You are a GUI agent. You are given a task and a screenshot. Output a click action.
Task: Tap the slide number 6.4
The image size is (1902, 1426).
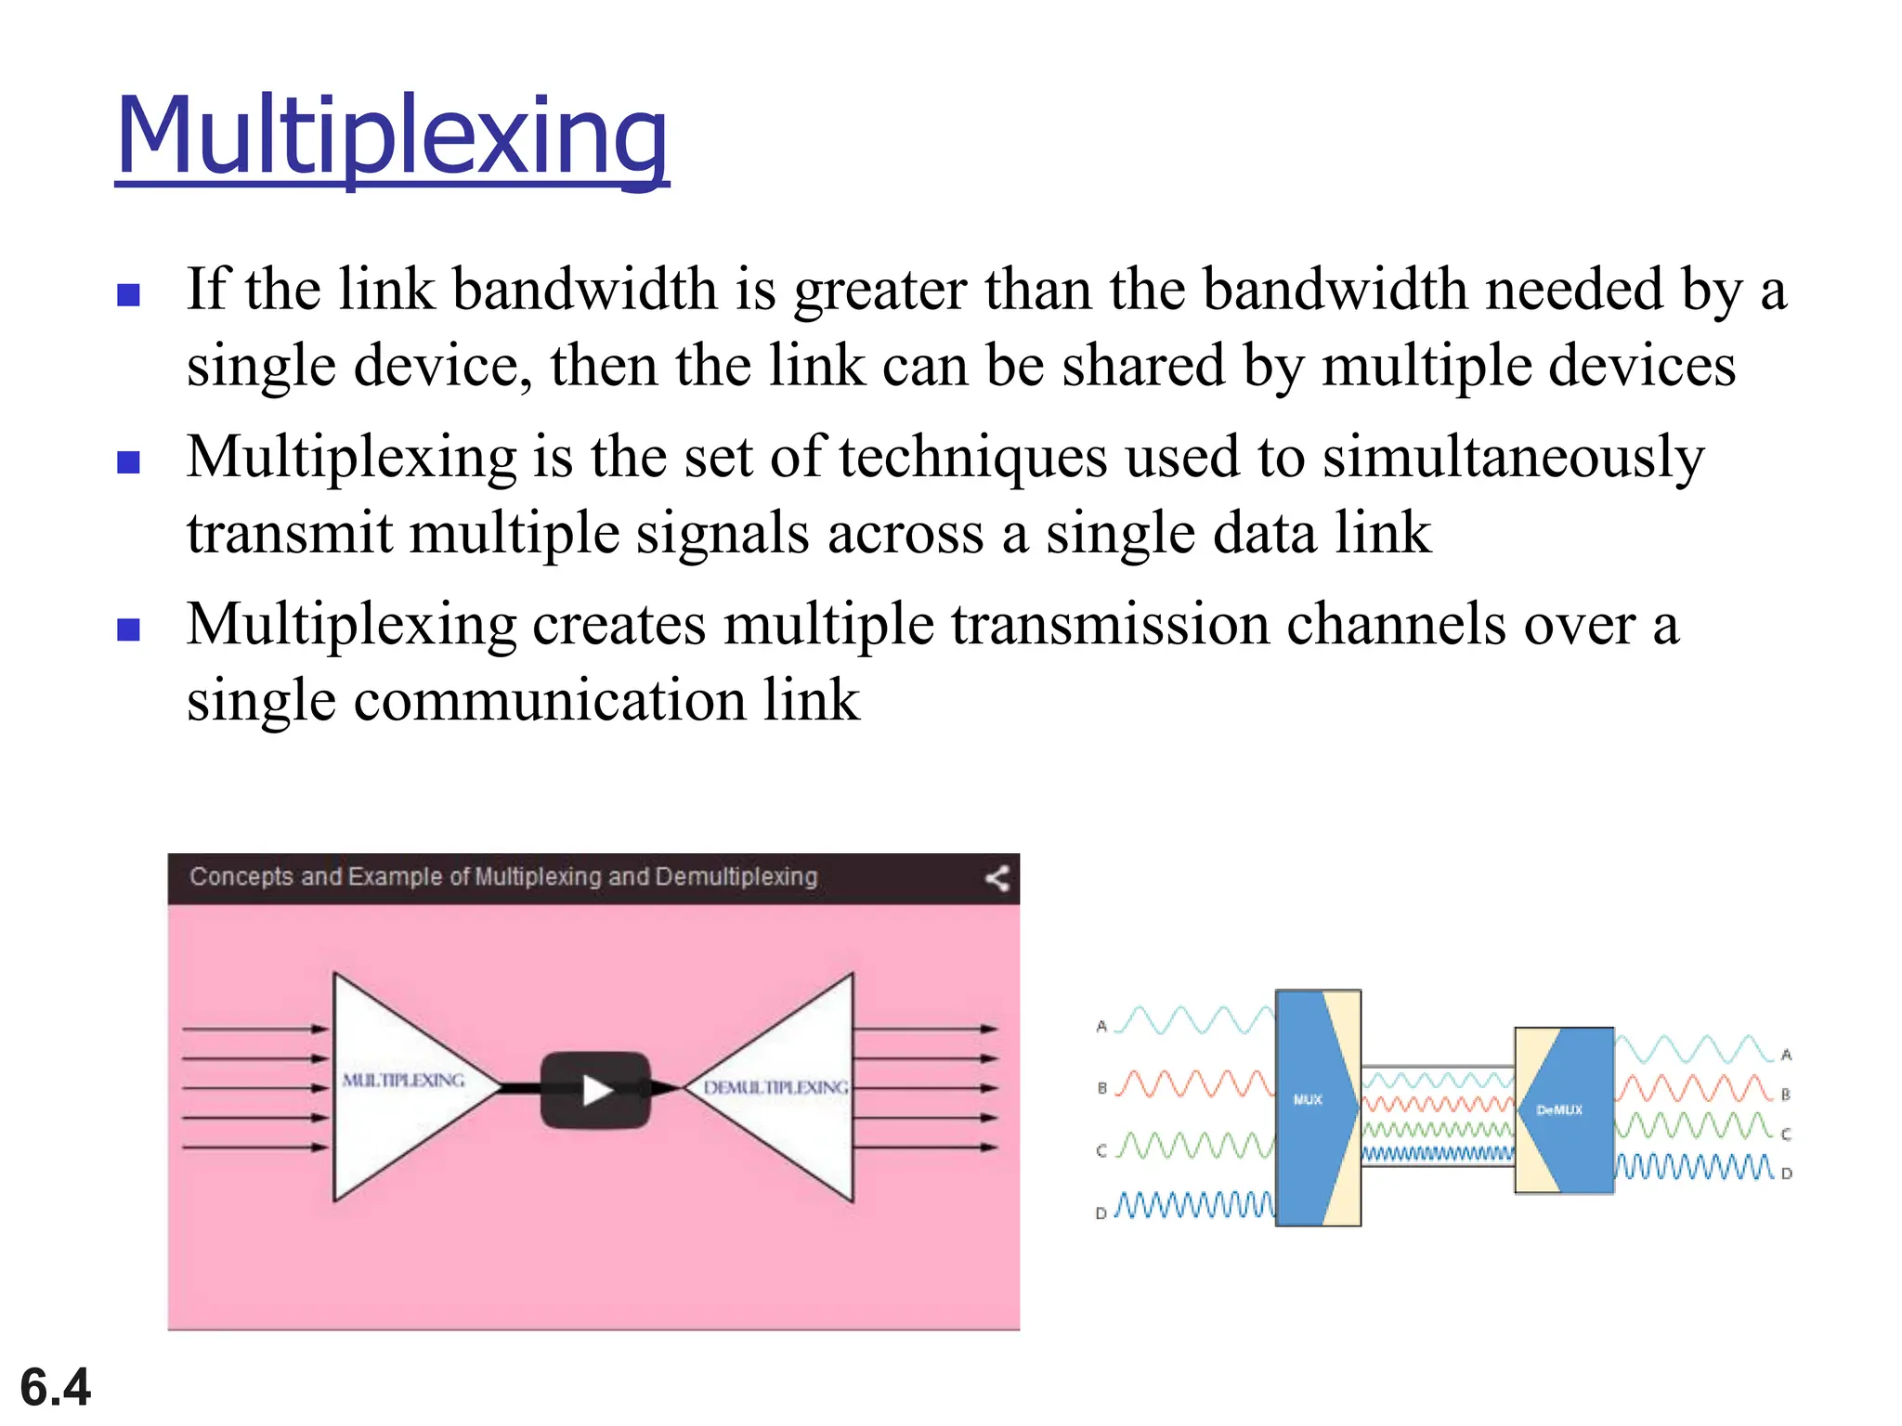(x=56, y=1387)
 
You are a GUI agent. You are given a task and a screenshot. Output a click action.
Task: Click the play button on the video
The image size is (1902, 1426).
(x=595, y=1090)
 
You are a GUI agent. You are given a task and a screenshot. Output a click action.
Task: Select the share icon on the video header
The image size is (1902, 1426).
(x=997, y=878)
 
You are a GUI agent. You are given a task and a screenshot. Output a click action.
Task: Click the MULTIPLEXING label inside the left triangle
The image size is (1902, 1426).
(x=403, y=1081)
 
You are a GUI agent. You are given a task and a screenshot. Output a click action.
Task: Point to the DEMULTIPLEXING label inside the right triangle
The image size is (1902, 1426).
(x=775, y=1087)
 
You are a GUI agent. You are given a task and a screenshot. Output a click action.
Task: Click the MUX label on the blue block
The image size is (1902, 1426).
(x=1308, y=1099)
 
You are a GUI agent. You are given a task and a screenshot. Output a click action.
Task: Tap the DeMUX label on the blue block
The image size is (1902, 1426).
(x=1559, y=1109)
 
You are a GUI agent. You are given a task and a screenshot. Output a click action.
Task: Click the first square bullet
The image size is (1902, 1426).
(x=129, y=295)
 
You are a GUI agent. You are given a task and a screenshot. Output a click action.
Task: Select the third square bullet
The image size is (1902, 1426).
(x=129, y=629)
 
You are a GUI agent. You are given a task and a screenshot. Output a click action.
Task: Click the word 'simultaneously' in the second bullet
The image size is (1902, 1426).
(x=1513, y=458)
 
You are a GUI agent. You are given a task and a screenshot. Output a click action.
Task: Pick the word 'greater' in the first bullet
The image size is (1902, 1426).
(x=879, y=291)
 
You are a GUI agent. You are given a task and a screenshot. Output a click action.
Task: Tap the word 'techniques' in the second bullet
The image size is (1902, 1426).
(x=973, y=458)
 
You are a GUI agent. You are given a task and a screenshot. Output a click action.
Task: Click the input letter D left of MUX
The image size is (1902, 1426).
(x=1101, y=1212)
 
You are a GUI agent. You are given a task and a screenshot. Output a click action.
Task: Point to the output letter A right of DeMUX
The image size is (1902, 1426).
(x=1786, y=1055)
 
